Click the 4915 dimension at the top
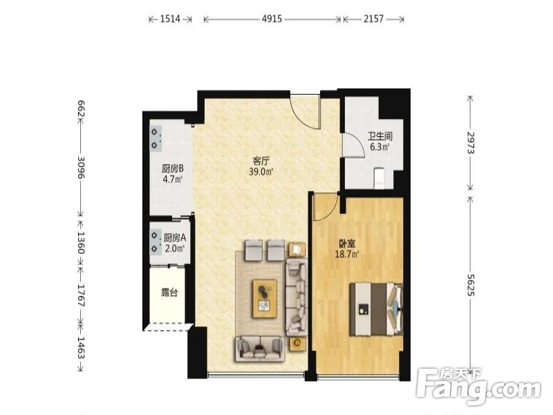(x=272, y=19)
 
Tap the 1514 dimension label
(x=170, y=19)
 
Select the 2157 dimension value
(x=373, y=19)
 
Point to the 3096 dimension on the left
(x=81, y=167)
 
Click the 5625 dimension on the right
(x=471, y=285)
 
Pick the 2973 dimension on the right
(x=471, y=142)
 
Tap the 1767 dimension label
(x=81, y=295)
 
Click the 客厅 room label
(x=261, y=161)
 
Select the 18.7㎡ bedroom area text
(x=347, y=254)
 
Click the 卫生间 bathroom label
(x=380, y=136)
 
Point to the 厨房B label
(x=173, y=168)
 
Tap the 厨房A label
(x=175, y=237)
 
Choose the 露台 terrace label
(x=169, y=292)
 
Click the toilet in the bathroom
(x=379, y=178)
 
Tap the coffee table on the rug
(x=265, y=299)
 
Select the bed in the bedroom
(x=376, y=309)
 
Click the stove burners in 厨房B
(x=154, y=138)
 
